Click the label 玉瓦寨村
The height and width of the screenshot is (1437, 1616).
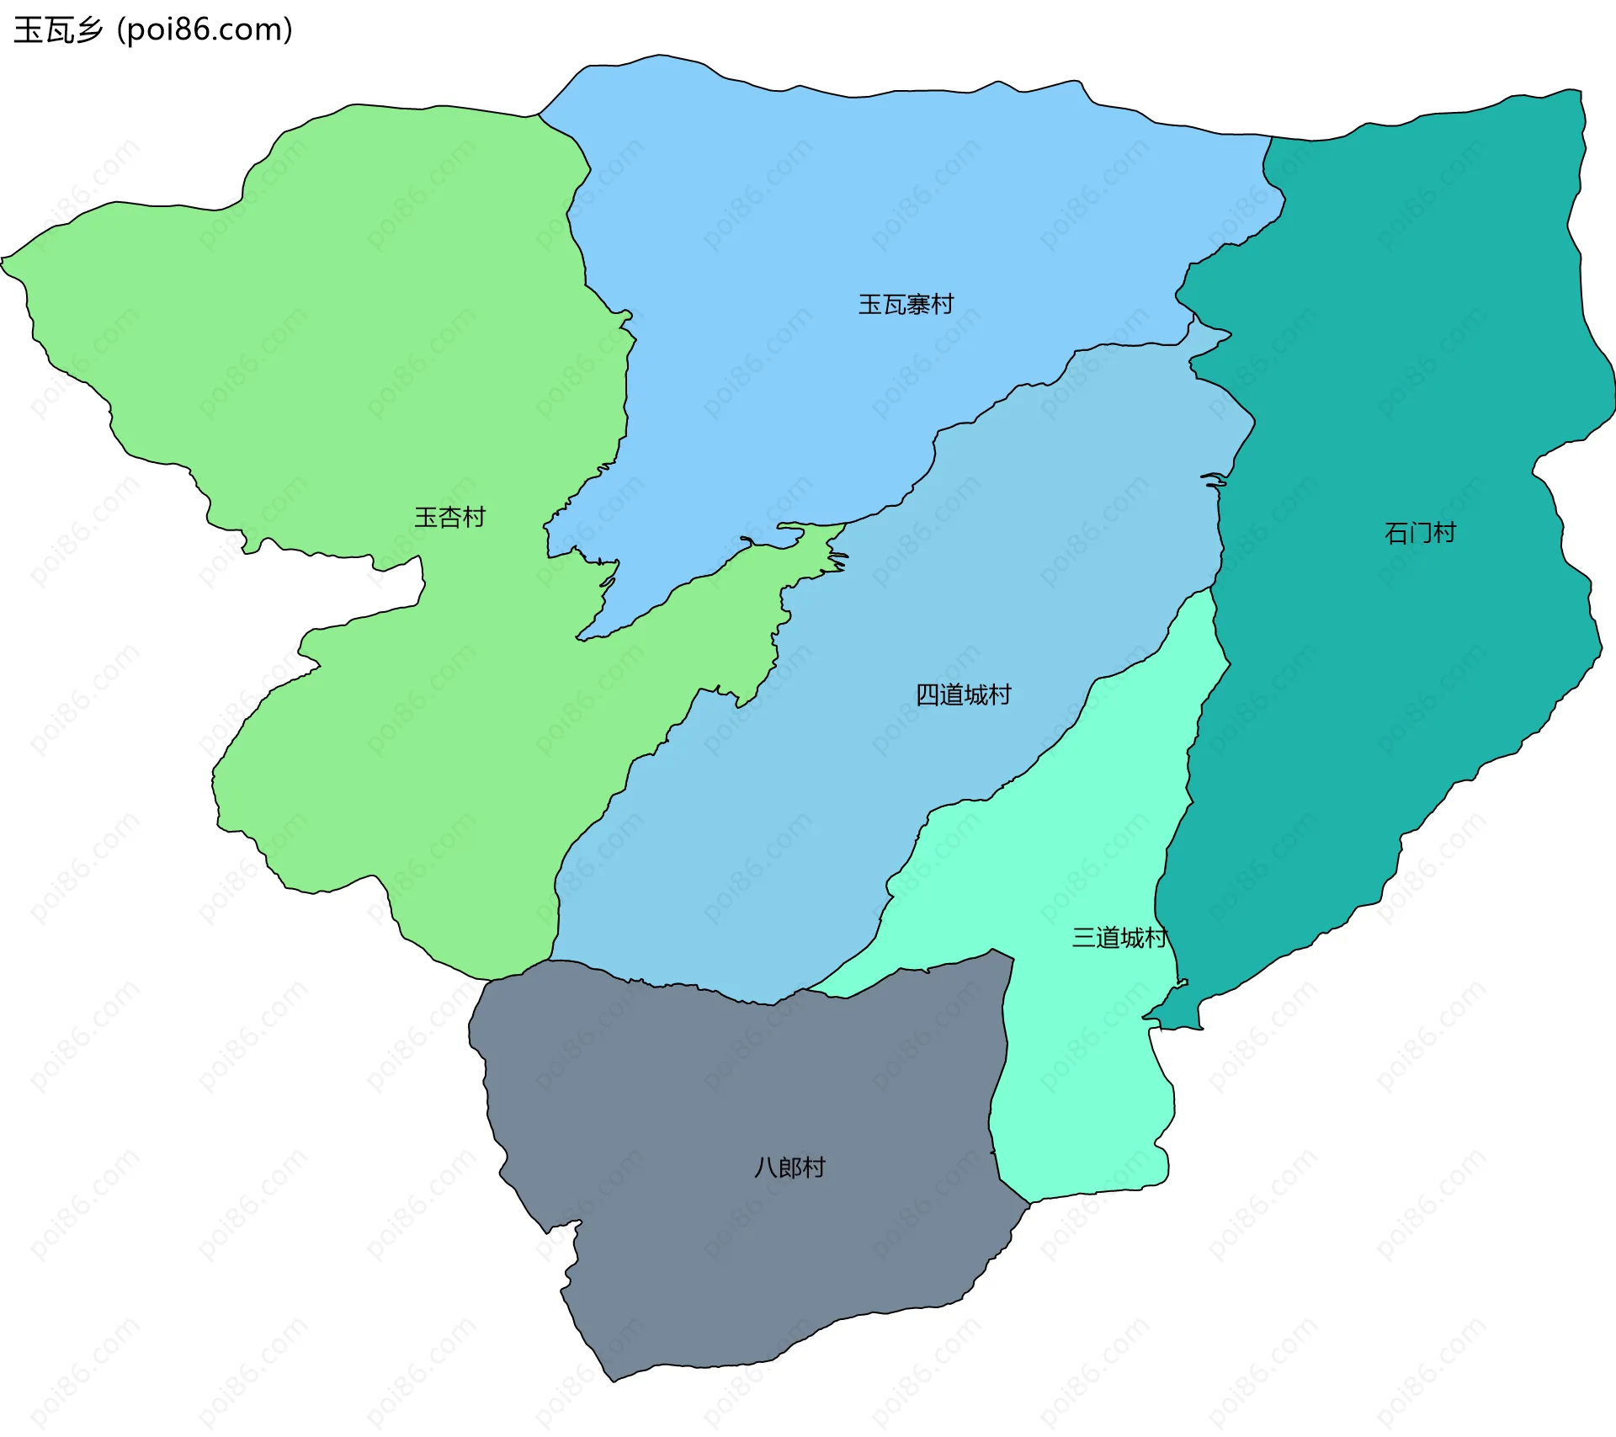tap(906, 304)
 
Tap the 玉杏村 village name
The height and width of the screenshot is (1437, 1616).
tap(449, 517)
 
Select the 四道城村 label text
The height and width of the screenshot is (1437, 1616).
tap(963, 695)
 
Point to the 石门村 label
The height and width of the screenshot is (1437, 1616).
tap(1420, 533)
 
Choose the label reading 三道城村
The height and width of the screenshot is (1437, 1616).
tap(1119, 938)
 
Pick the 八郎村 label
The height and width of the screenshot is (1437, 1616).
tap(789, 1168)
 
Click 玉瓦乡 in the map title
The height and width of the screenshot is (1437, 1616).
tap(57, 30)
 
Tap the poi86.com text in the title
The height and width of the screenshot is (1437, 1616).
tap(205, 30)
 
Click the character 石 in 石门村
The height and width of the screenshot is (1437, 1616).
tap(1396, 533)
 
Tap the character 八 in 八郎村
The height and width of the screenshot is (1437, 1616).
tap(765, 1168)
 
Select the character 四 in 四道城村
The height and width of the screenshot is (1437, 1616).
tap(928, 695)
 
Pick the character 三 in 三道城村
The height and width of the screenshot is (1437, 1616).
tap(1083, 938)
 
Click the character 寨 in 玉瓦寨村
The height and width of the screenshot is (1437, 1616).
tap(918, 304)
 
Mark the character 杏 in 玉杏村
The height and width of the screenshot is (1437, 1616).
tap(449, 517)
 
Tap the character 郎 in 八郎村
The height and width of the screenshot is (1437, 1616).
tap(789, 1168)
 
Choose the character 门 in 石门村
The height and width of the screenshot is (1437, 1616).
tap(1420, 533)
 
